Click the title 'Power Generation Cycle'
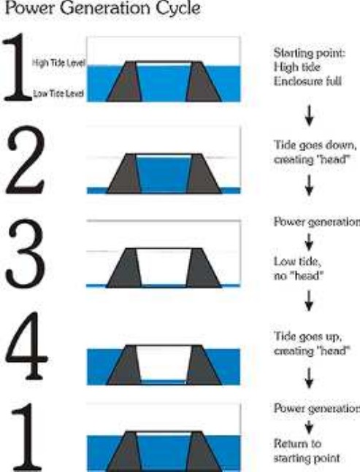click(x=102, y=8)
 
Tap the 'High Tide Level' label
click(x=58, y=63)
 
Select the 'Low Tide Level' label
click(x=58, y=93)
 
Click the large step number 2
click(x=26, y=161)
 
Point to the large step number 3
click(x=26, y=253)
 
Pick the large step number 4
click(x=26, y=346)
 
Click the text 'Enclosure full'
click(x=307, y=81)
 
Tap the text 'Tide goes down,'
click(x=315, y=145)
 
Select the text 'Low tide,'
click(x=297, y=261)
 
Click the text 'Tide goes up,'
click(x=307, y=336)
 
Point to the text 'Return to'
click(x=297, y=444)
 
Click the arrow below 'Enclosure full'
click(x=309, y=115)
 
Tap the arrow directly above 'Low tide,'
click(x=309, y=241)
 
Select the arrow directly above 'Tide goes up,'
click(x=309, y=301)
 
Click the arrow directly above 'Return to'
click(x=309, y=427)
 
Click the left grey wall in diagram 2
click(x=125, y=174)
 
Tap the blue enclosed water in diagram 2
click(x=164, y=174)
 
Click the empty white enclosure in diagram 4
click(x=164, y=363)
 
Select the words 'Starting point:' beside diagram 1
click(x=309, y=53)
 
